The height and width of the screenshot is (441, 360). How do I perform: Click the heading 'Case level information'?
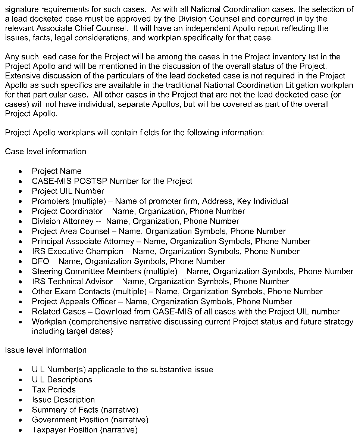tap(46, 152)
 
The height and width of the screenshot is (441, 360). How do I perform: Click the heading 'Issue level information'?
tap(46, 350)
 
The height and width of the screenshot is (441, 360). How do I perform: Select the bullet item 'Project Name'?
tap(56, 171)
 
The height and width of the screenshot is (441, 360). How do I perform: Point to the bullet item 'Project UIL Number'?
tap(68, 191)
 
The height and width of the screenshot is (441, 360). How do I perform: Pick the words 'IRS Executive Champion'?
tap(77, 251)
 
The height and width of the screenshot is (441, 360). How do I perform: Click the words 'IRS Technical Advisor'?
tap(72, 282)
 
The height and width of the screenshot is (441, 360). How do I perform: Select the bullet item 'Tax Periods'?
tap(54, 390)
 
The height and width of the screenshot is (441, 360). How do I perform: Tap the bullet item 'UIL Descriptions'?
tap(62, 380)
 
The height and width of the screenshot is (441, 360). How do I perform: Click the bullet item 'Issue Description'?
tap(63, 400)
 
